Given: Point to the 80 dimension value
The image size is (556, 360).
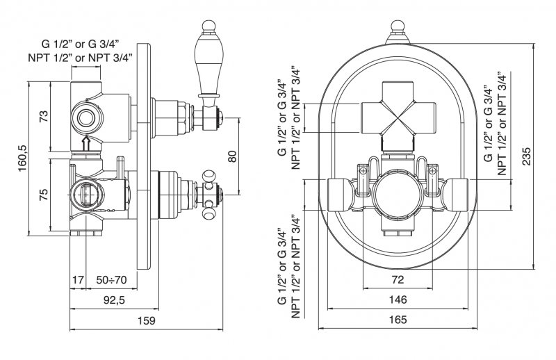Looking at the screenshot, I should [x=232, y=156].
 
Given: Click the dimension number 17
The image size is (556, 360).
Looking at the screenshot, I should [x=78, y=280].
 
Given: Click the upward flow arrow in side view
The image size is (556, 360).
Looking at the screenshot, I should [x=86, y=144].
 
